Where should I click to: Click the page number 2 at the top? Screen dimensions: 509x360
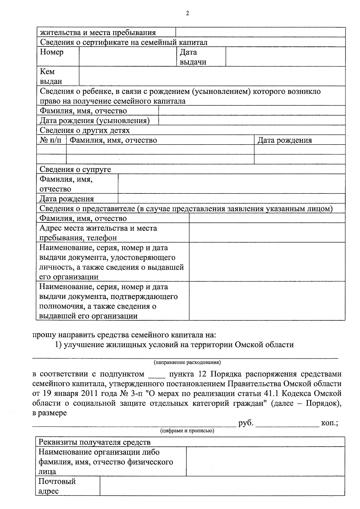187,13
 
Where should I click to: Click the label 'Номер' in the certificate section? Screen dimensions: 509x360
52,52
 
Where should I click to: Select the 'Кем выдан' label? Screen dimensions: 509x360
51,76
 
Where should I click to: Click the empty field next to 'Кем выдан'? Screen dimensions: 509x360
212,76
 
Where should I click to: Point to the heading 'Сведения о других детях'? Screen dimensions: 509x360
85,130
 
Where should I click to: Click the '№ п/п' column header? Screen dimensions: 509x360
52,140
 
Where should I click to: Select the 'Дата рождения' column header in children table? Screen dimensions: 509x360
285,140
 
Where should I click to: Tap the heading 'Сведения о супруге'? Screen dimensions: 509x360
75,169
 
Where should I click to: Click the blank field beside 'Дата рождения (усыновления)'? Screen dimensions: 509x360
251,121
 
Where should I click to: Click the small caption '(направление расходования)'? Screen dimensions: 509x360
187,362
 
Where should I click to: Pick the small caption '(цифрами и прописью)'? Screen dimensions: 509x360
187,431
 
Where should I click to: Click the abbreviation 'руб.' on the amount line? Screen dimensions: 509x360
246,423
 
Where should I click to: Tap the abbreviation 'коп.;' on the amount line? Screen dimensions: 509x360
329,423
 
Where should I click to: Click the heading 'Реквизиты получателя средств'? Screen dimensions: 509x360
94,442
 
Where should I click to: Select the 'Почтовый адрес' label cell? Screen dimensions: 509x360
57,486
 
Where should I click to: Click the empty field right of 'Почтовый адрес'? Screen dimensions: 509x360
222,486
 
